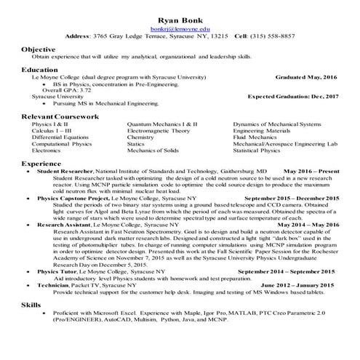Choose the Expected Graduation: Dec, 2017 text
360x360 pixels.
[x=292, y=96]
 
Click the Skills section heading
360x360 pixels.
[x=31, y=305]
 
